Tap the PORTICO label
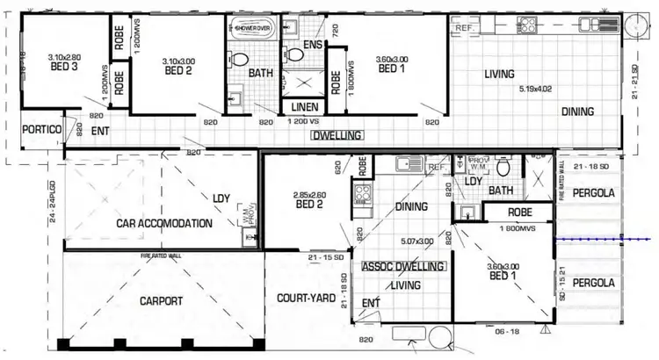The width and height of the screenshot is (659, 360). (41, 129)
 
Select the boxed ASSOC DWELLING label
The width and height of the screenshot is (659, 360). (403, 264)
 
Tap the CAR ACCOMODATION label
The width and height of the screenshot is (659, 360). (164, 223)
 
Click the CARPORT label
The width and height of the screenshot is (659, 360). (161, 301)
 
